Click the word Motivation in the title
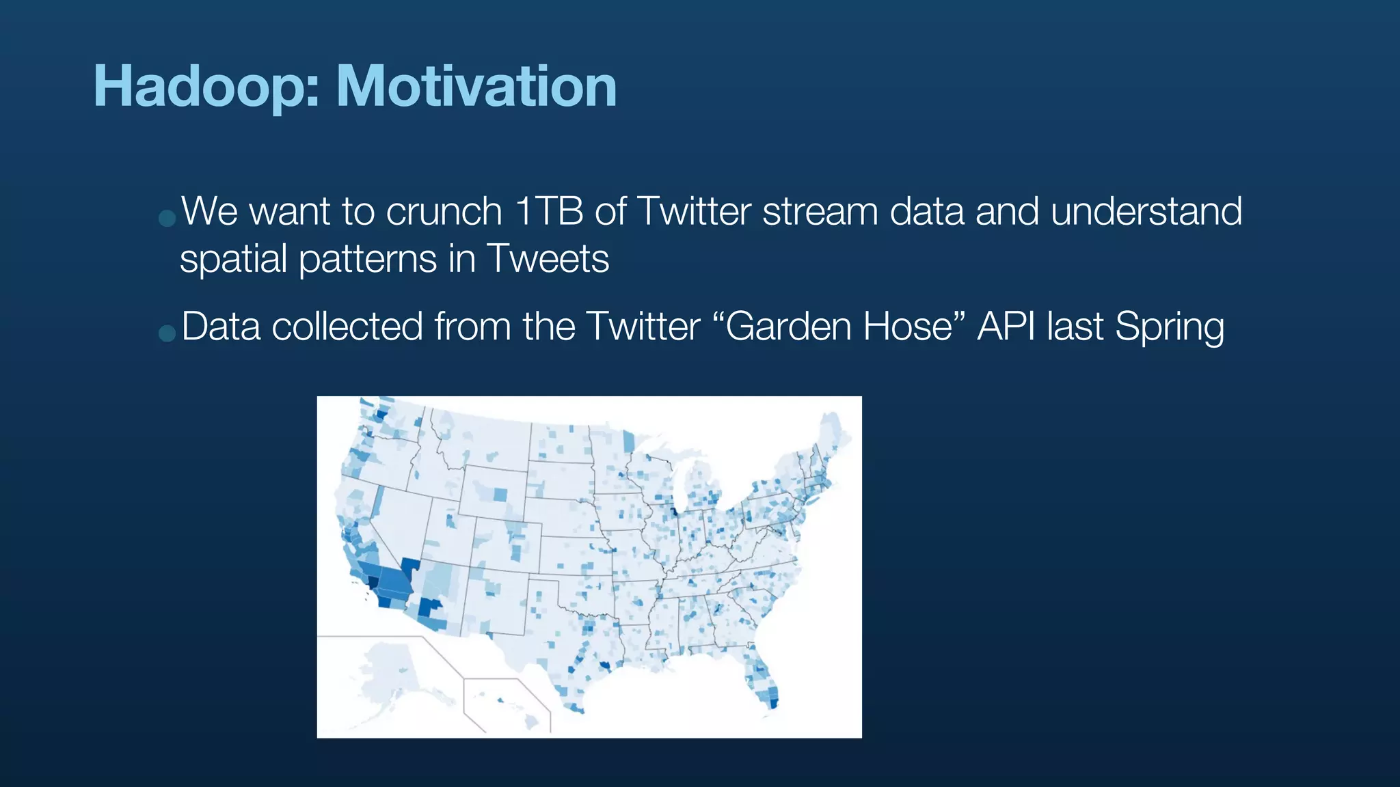coord(476,87)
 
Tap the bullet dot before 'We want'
coord(167,218)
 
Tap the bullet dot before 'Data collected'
coord(167,333)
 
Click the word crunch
coord(444,211)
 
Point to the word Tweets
coord(548,259)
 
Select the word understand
coord(1146,211)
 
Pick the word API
coord(1006,327)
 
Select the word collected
coord(347,327)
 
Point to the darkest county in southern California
coord(373,582)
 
